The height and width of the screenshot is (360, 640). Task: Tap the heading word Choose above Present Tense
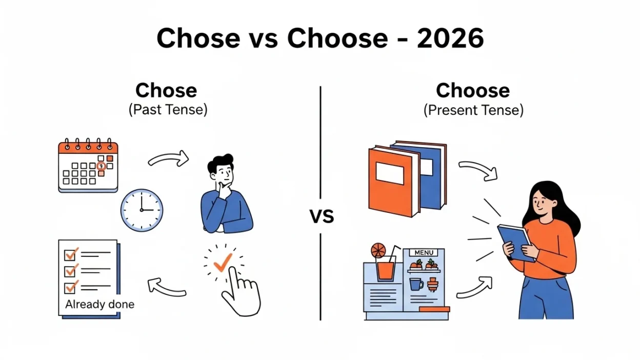(472, 91)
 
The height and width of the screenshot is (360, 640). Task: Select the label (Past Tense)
(168, 110)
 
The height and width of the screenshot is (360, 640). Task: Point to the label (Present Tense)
(473, 110)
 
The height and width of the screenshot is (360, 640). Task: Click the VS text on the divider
(322, 217)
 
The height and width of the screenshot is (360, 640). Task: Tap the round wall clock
(142, 210)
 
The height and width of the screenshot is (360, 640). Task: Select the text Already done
(99, 304)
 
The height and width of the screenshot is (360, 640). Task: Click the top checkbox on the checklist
(70, 253)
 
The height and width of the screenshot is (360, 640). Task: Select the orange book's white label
(390, 173)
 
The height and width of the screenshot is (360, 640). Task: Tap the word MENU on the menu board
(424, 253)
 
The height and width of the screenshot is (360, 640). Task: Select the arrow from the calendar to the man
(169, 159)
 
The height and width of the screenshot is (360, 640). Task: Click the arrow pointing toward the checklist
(166, 287)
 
